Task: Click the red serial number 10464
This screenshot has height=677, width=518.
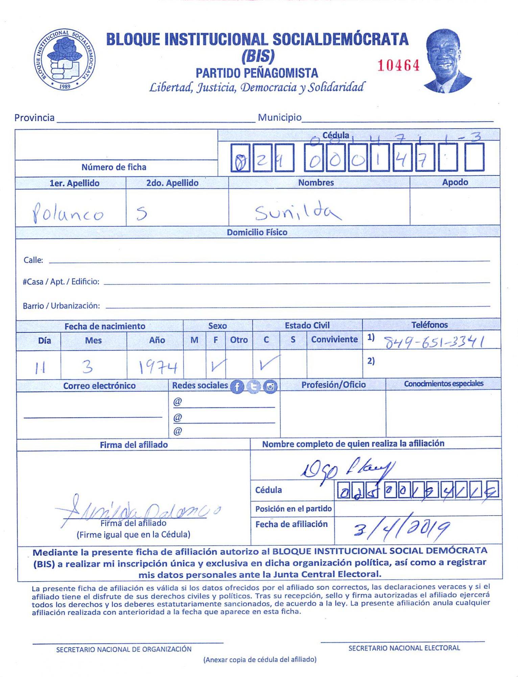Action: (x=398, y=66)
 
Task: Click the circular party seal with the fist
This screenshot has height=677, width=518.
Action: (x=64, y=60)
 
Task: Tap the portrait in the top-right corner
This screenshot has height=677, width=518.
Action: (x=447, y=61)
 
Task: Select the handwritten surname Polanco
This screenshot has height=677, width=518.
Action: (x=68, y=213)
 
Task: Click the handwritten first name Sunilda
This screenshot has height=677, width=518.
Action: (x=298, y=212)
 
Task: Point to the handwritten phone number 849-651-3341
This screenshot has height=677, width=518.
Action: (x=434, y=342)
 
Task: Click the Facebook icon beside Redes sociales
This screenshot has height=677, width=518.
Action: (x=237, y=387)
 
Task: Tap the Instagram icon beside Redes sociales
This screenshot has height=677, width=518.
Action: (x=270, y=387)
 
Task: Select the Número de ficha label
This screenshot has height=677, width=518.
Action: (x=114, y=167)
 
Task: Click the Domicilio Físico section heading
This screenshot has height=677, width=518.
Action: (x=257, y=233)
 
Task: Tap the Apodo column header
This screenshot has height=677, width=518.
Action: (x=455, y=182)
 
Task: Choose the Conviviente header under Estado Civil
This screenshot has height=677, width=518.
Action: (x=334, y=340)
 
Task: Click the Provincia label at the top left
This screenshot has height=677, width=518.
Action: (x=34, y=118)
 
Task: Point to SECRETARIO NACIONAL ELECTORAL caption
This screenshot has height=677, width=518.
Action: (x=404, y=648)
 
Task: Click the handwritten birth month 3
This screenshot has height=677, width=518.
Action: (x=88, y=367)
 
